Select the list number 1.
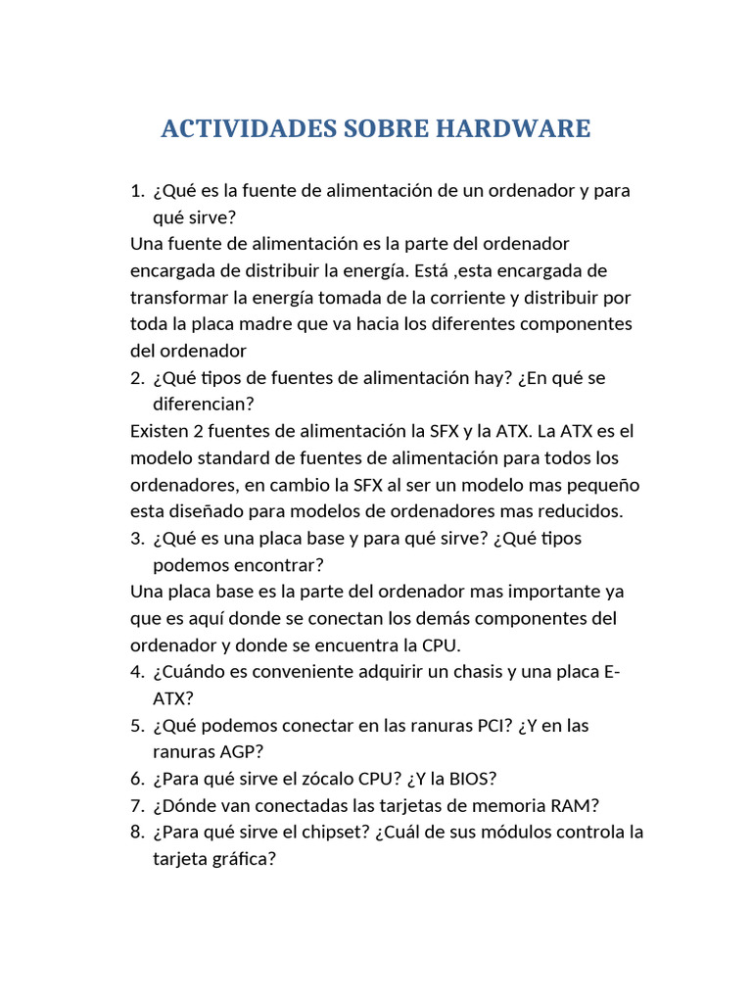136,190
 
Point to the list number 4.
136,672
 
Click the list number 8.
136,833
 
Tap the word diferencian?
204,404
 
